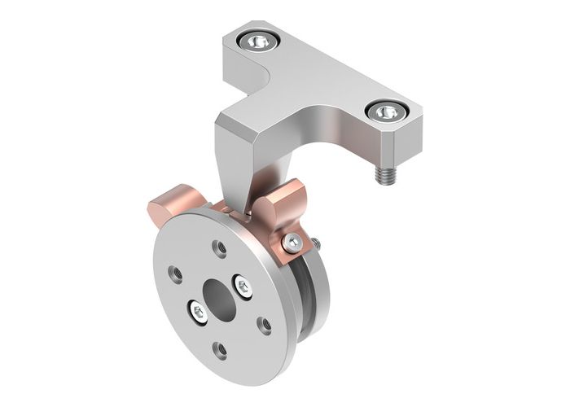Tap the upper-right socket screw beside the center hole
(243, 285)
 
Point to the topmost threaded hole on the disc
(220, 247)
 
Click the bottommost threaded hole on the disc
(220, 350)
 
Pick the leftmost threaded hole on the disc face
(174, 274)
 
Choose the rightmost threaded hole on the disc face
(265, 324)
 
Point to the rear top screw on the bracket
(259, 39)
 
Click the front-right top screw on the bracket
(388, 112)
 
